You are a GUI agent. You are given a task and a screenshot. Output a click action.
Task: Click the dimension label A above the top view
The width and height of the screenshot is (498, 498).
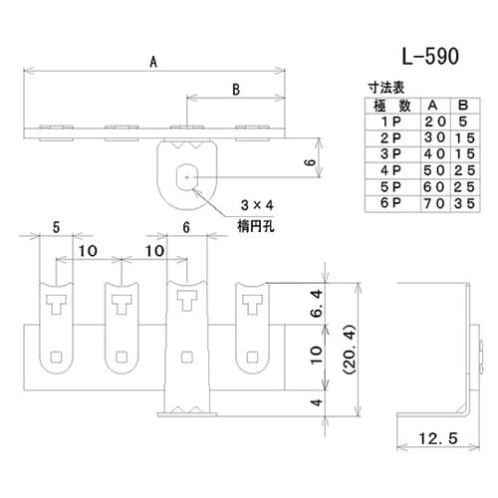[x=152, y=61]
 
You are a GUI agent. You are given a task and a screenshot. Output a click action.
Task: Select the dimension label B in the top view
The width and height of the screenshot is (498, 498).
[x=235, y=90]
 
